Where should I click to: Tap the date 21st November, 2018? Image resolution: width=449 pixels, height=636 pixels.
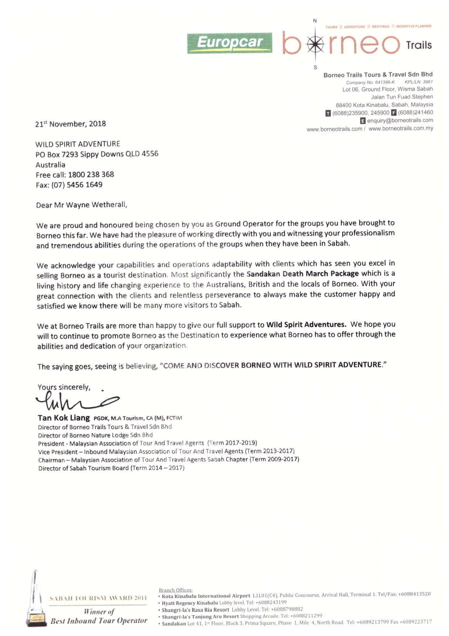point(71,124)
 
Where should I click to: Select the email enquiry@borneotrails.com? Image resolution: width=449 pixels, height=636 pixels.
point(400,120)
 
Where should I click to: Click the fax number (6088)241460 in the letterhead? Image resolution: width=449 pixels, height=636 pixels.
point(415,113)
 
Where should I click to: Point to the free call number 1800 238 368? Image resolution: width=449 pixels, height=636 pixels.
point(91,174)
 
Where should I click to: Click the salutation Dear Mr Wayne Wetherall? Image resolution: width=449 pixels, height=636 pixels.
point(82,205)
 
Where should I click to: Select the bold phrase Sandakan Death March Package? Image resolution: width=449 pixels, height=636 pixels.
point(303,273)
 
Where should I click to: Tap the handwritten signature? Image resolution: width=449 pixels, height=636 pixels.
point(76,401)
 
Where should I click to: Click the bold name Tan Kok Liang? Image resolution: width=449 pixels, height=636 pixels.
point(64,418)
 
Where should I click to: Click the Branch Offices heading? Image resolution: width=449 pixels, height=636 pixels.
point(175,590)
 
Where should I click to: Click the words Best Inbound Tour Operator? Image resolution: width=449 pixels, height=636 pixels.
point(99,621)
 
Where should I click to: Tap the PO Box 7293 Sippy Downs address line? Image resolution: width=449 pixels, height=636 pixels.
point(97,154)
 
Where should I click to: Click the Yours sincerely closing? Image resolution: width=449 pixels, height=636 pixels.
point(64,387)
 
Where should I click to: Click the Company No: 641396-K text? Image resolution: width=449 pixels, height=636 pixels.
point(370,82)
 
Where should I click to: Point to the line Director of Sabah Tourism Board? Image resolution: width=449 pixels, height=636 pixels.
point(111,468)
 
